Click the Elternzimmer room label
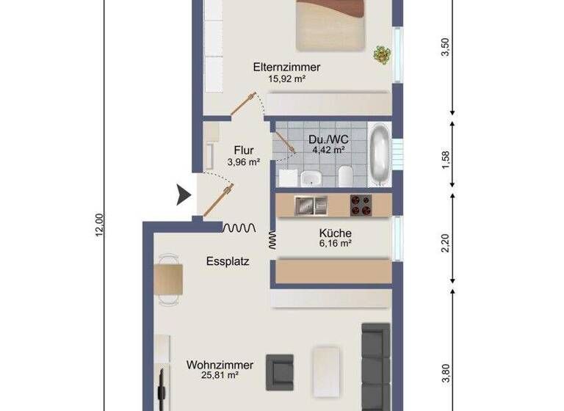286,67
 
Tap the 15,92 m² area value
286,79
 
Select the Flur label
244,152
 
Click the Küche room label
335,233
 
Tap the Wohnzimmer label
220,365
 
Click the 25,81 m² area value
220,377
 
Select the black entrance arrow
182,195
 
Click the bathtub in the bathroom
379,156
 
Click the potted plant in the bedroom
381,54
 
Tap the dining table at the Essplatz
169,279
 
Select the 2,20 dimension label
446,241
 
